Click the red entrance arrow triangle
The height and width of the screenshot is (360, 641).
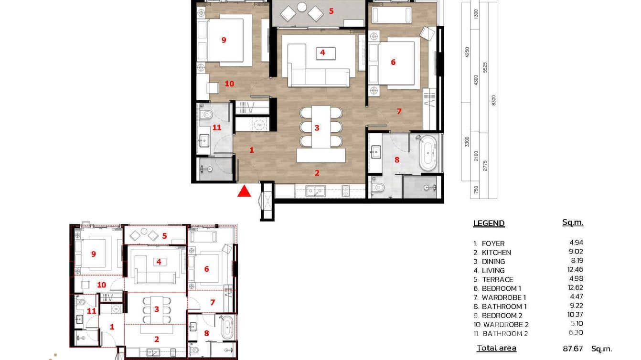(245, 191)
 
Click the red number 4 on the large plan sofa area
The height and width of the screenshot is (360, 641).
(322, 53)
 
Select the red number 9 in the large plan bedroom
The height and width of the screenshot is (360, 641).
(224, 40)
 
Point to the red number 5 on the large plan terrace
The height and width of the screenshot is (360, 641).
(331, 10)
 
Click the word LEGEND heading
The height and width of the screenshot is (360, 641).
(489, 223)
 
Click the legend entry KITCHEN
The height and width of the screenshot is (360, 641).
(496, 253)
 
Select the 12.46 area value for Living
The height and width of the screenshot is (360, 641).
(576, 270)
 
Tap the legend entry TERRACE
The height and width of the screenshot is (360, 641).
(497, 280)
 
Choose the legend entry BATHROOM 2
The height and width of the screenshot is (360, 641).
(505, 334)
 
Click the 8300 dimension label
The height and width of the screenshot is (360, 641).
(494, 100)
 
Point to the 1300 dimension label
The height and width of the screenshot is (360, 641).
(475, 14)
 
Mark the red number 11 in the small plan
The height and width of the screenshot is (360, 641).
(92, 311)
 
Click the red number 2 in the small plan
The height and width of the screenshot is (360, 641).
(156, 339)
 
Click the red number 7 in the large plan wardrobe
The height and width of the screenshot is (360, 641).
(399, 111)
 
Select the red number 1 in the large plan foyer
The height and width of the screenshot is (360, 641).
(252, 150)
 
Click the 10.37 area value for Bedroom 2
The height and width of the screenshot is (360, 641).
(576, 315)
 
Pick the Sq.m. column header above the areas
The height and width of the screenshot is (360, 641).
(573, 222)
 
